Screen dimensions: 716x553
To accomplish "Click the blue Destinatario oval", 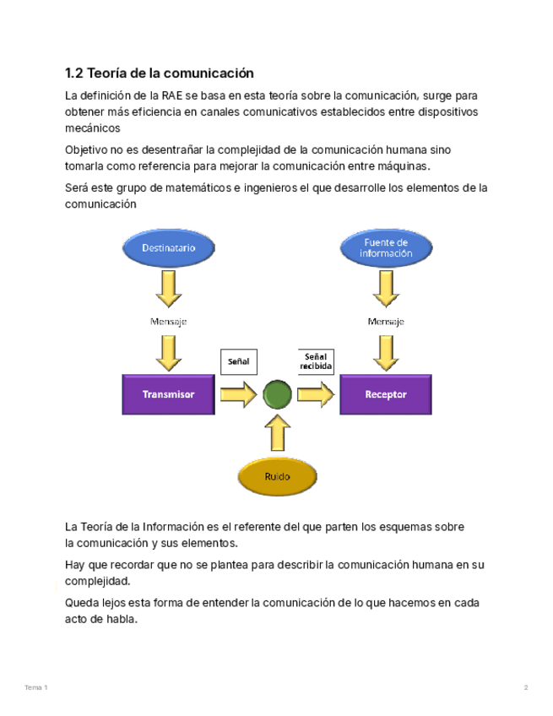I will [x=168, y=248].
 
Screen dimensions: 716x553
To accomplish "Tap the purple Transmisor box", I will [x=168, y=394].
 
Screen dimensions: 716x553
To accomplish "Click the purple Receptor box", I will [x=386, y=394].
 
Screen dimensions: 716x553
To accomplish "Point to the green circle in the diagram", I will [x=277, y=394].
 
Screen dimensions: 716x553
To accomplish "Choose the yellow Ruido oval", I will [x=277, y=476].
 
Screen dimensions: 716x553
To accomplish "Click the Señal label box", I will [x=238, y=361].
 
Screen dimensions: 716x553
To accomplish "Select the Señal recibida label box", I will [x=316, y=361].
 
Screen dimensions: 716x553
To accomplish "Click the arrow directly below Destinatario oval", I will [x=169, y=288].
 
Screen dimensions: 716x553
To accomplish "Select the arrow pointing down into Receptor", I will [x=387, y=352].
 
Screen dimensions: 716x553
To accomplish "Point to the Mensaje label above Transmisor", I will [x=168, y=322].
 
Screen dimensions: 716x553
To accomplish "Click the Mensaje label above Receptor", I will [x=386, y=322].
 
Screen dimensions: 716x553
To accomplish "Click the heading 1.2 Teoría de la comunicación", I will [x=160, y=73].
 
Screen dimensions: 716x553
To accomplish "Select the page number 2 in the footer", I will [x=525, y=688].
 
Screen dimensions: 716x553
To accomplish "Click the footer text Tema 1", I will [x=36, y=688].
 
